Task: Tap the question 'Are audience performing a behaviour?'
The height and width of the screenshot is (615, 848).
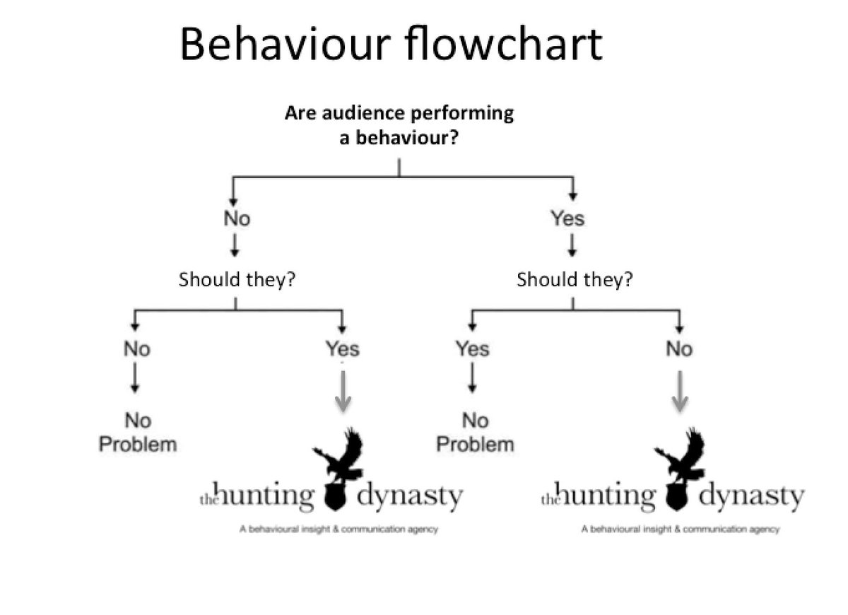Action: (x=399, y=124)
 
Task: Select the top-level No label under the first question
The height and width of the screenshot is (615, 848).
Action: (x=237, y=218)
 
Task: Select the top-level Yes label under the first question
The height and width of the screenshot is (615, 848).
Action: (x=567, y=218)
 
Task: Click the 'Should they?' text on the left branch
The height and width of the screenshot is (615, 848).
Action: (x=236, y=279)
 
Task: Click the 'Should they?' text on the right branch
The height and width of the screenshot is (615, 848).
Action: (x=574, y=279)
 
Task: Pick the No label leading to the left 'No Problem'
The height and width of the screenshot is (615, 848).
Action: (x=137, y=348)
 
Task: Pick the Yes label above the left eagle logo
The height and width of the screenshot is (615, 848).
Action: (x=342, y=348)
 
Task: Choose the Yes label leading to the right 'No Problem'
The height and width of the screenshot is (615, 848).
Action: (x=473, y=348)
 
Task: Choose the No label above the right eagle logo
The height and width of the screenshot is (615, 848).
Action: (x=679, y=348)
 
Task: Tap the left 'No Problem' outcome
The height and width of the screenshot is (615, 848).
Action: (x=137, y=433)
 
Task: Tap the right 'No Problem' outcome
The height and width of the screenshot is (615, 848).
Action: (x=475, y=433)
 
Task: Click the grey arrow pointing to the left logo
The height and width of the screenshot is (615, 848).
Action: (x=343, y=392)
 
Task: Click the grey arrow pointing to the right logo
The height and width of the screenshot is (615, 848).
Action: (x=679, y=392)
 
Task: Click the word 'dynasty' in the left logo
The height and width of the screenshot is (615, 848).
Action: (x=409, y=497)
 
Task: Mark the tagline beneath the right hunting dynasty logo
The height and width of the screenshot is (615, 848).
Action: (x=680, y=529)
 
